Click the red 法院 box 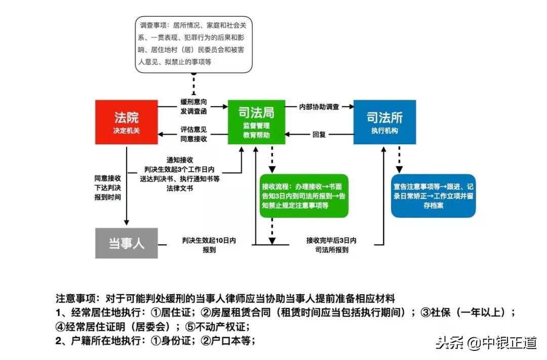point(126,122)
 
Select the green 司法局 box point(257,122)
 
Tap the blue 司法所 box point(384,122)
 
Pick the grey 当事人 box point(126,243)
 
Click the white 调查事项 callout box point(194,43)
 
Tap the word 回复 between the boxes point(319,135)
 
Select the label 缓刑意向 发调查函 point(193,106)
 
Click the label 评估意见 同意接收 point(193,134)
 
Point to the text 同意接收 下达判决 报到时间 point(107,187)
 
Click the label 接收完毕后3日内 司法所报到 point(331,245)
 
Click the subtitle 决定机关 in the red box point(126,131)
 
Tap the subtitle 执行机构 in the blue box point(384,131)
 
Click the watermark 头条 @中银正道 point(486,343)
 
